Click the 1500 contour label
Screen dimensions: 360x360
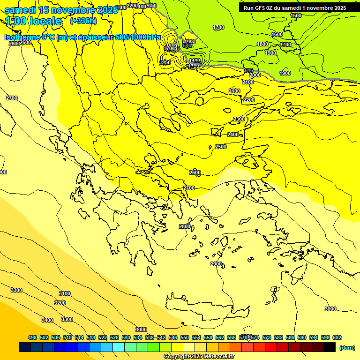[x=296, y=15]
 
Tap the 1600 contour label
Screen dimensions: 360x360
[x=277, y=34]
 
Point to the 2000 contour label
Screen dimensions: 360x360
[x=255, y=75]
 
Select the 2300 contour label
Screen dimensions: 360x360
[x=239, y=120]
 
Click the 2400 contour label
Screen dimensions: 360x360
[x=233, y=135]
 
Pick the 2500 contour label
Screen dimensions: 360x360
[x=221, y=147]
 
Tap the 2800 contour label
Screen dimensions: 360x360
[x=185, y=226]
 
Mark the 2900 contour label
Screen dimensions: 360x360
[x=216, y=264]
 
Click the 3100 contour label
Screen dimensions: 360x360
[x=65, y=293]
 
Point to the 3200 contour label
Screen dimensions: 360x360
[x=60, y=303]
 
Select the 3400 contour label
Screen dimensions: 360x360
[x=47, y=320]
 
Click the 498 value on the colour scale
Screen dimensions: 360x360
[x=32, y=337]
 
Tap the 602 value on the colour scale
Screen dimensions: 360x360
[x=337, y=337]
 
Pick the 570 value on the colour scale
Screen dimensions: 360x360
[x=243, y=337]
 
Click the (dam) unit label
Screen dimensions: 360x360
[x=347, y=347]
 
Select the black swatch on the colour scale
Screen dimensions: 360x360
[x=330, y=347]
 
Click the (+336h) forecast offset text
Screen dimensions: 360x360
[x=83, y=21]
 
